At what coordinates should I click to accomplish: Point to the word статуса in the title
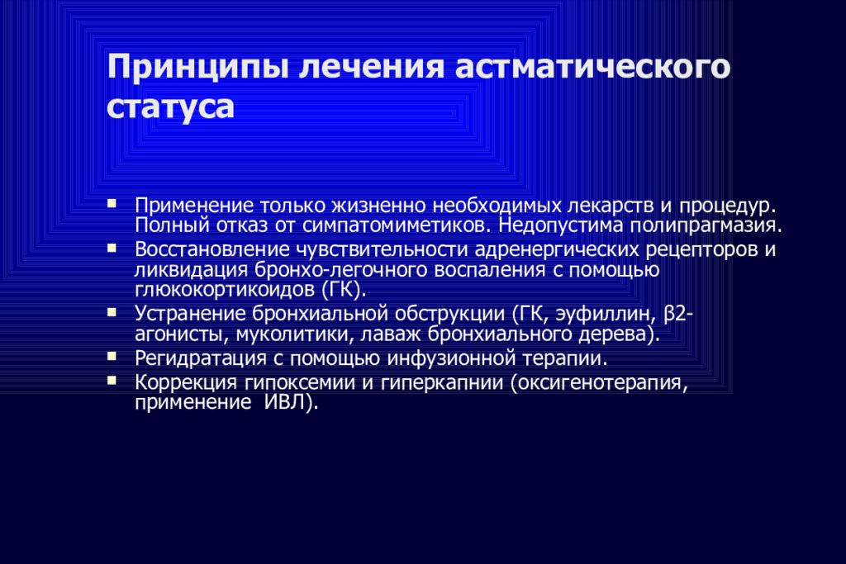[x=170, y=108]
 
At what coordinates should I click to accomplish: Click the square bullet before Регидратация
[x=112, y=358]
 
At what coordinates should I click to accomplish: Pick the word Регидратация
[x=197, y=358]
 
